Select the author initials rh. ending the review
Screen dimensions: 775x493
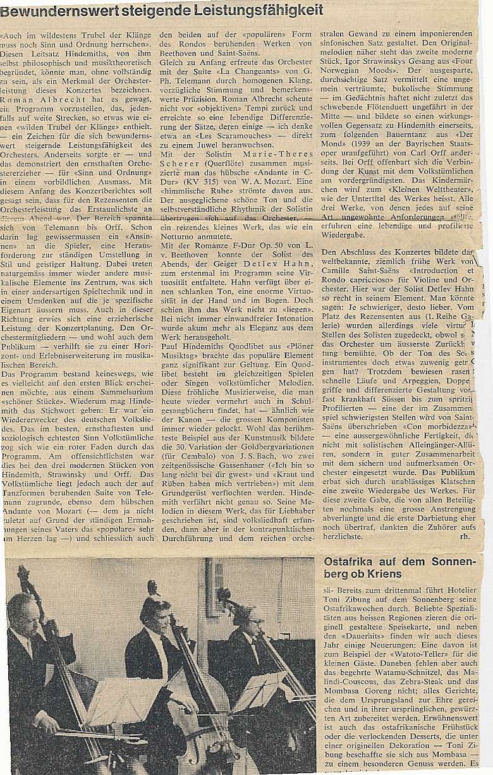pyautogui.click(x=465, y=536)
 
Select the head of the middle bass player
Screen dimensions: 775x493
pyautogui.click(x=155, y=608)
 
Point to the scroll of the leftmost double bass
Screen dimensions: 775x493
pyautogui.click(x=23, y=575)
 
